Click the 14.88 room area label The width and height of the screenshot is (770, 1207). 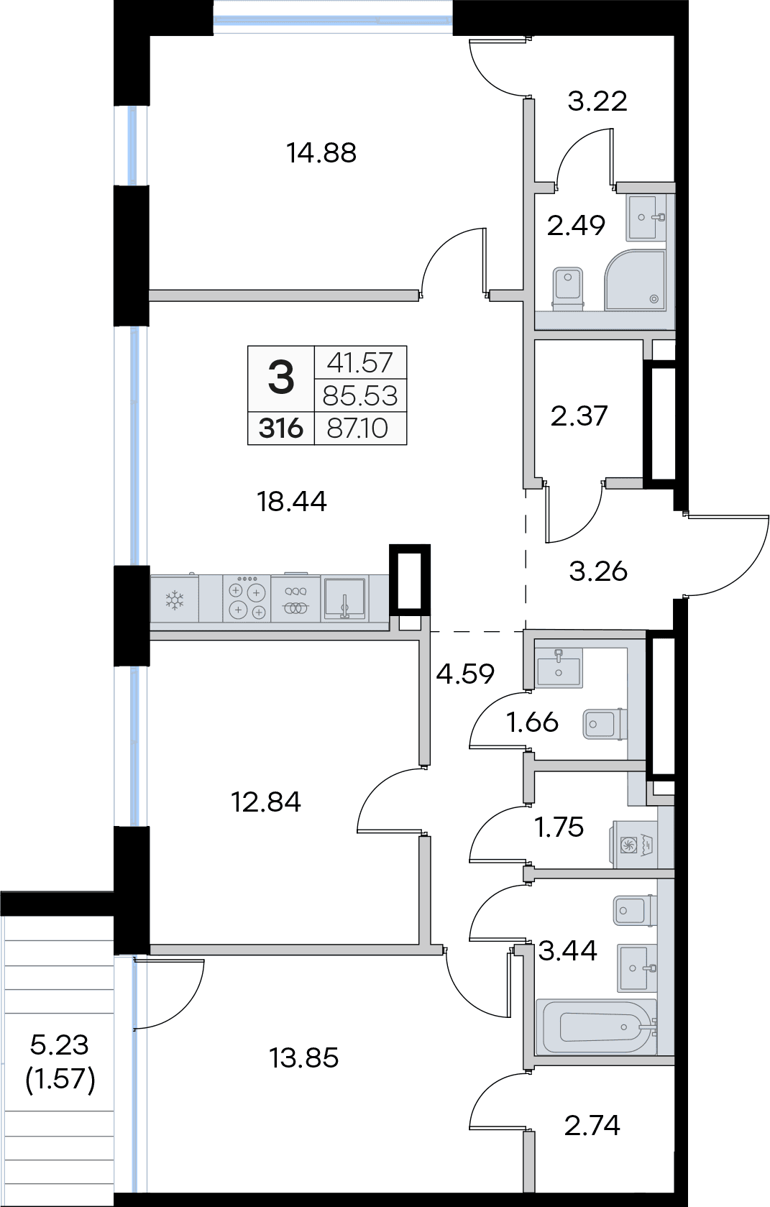coord(321,153)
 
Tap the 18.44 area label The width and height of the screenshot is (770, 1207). coord(291,502)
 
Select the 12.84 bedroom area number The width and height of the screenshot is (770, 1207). coord(265,802)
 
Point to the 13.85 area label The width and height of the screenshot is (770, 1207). coord(304,1057)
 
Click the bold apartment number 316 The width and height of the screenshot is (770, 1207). coord(280,429)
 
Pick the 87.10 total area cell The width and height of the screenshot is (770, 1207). coord(358,429)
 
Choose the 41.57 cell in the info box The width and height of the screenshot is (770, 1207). coord(360,362)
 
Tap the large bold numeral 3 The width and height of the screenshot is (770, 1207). coord(281,377)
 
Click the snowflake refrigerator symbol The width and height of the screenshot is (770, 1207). coord(175,600)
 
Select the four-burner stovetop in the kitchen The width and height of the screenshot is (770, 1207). coord(247,598)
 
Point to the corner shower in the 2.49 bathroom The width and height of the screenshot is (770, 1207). coord(635,280)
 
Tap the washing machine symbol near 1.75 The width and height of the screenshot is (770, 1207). coord(633,845)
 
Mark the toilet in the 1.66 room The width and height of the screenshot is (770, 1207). coord(605,724)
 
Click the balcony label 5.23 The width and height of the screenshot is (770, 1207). coord(59,1045)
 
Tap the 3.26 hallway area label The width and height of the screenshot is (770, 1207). coord(598,572)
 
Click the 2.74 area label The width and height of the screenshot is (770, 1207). coord(592,1125)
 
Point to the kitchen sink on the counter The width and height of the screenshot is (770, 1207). coord(345,598)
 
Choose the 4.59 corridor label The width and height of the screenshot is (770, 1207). coord(465,674)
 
